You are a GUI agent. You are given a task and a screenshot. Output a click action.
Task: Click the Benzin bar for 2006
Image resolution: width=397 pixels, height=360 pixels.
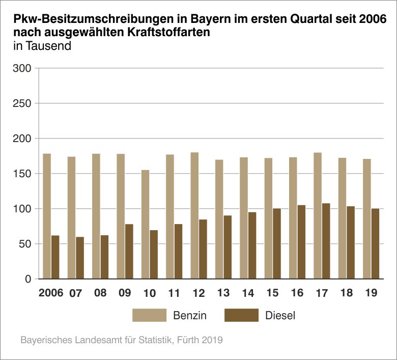point(47,216)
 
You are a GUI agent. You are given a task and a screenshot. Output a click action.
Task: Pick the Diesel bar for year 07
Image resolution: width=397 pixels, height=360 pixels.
point(80,258)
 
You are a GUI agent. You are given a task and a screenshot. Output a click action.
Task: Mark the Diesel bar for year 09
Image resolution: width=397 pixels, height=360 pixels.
point(129,251)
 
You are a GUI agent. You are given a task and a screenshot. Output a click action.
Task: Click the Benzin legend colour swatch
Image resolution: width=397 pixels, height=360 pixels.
point(150,315)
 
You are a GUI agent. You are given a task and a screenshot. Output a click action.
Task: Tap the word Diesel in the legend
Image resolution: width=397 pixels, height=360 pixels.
point(280,316)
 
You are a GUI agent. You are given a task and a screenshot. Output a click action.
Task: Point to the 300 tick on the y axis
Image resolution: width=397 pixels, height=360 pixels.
point(24,68)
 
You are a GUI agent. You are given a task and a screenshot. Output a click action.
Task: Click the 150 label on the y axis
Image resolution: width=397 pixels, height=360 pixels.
point(24,174)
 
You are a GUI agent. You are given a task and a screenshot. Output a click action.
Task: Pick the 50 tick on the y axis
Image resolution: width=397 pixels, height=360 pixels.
point(26,244)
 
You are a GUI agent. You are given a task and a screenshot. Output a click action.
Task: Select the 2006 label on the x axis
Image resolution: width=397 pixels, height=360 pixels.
point(51,294)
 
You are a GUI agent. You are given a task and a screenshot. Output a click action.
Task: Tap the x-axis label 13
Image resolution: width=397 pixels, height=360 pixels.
point(223,294)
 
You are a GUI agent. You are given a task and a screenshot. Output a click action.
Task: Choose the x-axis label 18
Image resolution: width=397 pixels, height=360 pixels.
point(347,294)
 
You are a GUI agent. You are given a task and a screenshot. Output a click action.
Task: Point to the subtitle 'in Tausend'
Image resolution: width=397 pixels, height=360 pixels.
point(42,46)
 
